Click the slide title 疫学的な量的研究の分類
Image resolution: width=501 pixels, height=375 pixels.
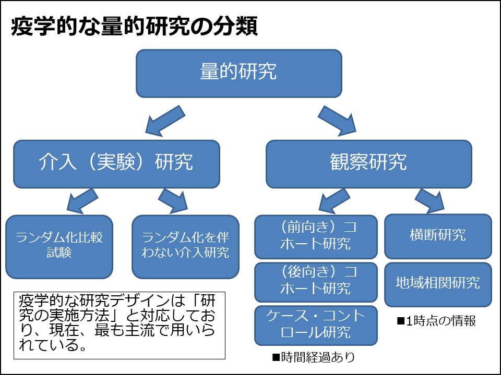(x=134, y=27)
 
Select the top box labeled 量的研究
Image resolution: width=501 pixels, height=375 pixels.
(x=238, y=72)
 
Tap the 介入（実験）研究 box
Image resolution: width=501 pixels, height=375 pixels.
(x=116, y=163)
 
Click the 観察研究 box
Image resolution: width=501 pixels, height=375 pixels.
(x=368, y=163)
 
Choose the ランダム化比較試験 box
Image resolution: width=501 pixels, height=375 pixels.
(x=59, y=246)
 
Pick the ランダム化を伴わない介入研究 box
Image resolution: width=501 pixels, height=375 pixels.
(x=185, y=246)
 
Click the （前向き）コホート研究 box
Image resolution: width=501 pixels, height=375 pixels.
(x=316, y=236)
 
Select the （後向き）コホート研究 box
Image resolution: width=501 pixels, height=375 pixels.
(x=316, y=281)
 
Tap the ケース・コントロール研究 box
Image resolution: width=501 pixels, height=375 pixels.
(x=316, y=324)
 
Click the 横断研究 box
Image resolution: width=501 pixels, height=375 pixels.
(x=438, y=235)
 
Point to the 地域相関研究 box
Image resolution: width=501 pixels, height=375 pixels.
(x=438, y=283)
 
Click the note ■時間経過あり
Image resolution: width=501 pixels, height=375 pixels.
(x=313, y=357)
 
